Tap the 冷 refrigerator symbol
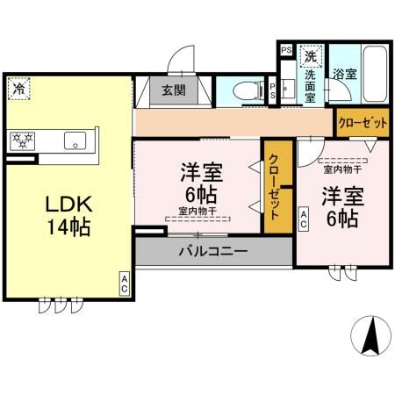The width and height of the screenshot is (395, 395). (x=18, y=87)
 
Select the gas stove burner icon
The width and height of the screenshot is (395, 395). (x=22, y=139)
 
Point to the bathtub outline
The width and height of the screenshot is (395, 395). (x=373, y=75)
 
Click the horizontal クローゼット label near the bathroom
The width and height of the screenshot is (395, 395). (x=363, y=123)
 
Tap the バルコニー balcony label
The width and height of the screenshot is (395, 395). (x=213, y=251)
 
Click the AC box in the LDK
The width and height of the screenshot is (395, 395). (x=124, y=283)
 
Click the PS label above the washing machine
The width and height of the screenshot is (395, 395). (x=286, y=50)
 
